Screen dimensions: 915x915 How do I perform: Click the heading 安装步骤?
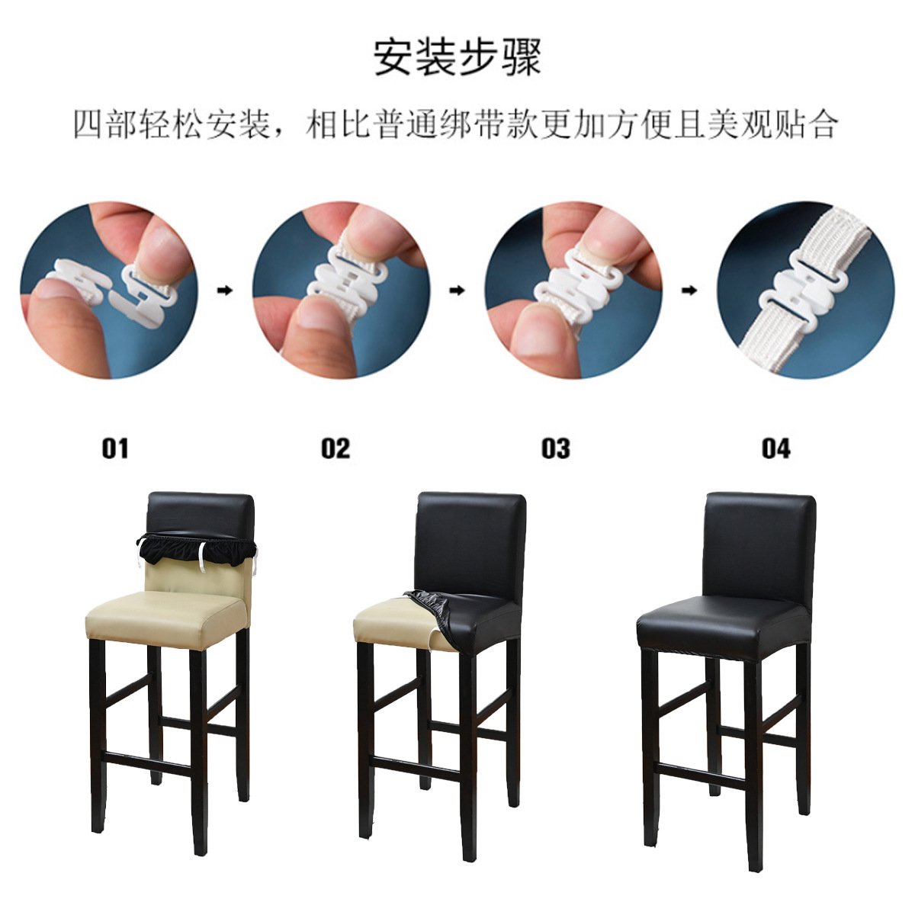coord(457,58)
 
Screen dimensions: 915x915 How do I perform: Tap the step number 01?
coord(115,448)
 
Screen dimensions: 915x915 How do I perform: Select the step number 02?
coord(335,448)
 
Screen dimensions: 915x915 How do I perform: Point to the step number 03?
coord(556,448)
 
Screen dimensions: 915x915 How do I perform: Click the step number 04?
coord(775,448)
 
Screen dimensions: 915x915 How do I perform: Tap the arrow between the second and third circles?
coord(457,291)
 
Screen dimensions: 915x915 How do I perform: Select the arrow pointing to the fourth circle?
coord(689,291)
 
